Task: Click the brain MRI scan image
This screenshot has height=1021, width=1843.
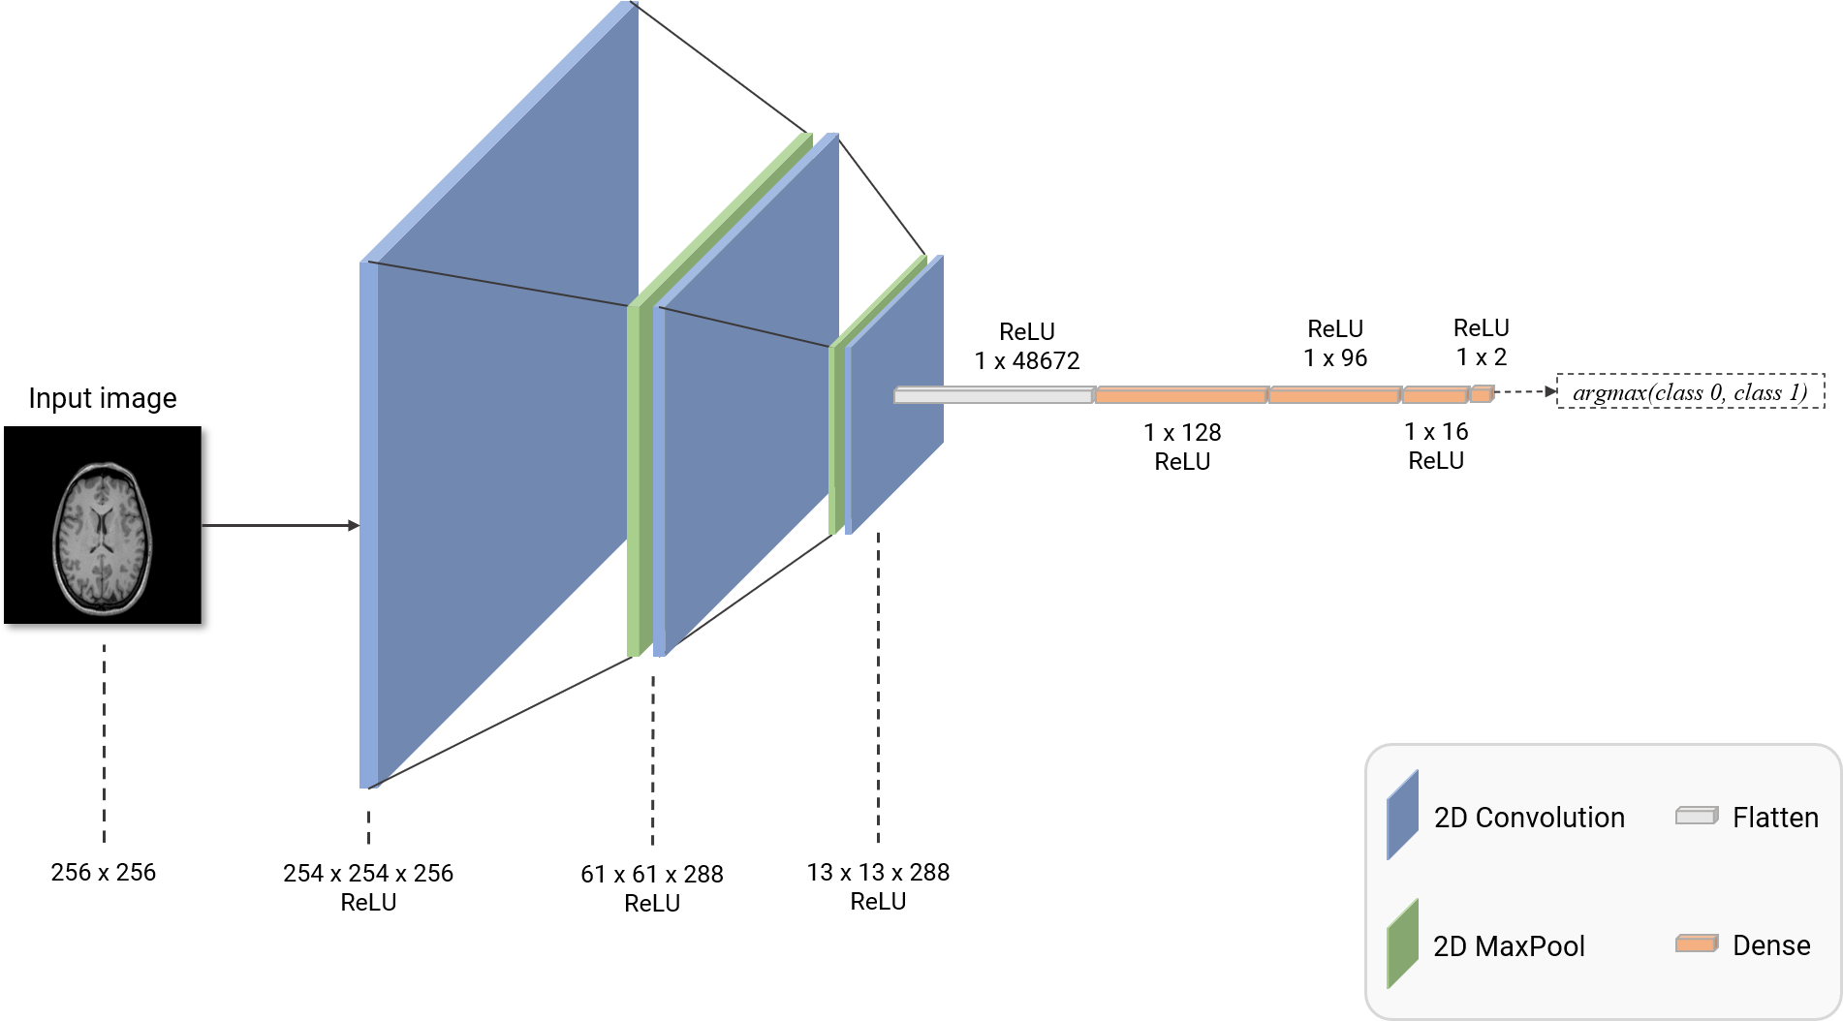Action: coord(102,538)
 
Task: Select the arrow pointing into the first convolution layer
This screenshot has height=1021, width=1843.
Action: coord(280,526)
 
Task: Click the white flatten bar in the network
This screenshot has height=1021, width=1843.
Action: coord(993,395)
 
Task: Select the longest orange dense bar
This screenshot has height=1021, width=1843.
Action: coord(1181,395)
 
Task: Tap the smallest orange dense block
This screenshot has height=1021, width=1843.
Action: coord(1482,393)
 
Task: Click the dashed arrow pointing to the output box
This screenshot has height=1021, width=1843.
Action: coord(1525,392)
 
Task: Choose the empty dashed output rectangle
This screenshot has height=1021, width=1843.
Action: coord(1691,390)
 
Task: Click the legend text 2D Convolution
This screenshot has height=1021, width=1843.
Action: coord(1529,818)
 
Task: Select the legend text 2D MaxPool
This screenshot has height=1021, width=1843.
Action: coord(1509,946)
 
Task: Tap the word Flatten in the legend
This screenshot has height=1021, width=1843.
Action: coord(1775,818)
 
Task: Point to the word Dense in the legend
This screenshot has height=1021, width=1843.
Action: coord(1771,945)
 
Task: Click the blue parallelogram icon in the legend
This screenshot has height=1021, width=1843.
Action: coord(1402,816)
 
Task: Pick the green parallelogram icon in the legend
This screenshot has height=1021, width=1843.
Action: coord(1402,944)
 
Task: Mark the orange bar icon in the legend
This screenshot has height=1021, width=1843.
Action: coord(1697,944)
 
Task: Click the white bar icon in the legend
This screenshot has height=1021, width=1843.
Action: coord(1697,816)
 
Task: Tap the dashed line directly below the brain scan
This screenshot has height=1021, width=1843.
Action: coord(104,741)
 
